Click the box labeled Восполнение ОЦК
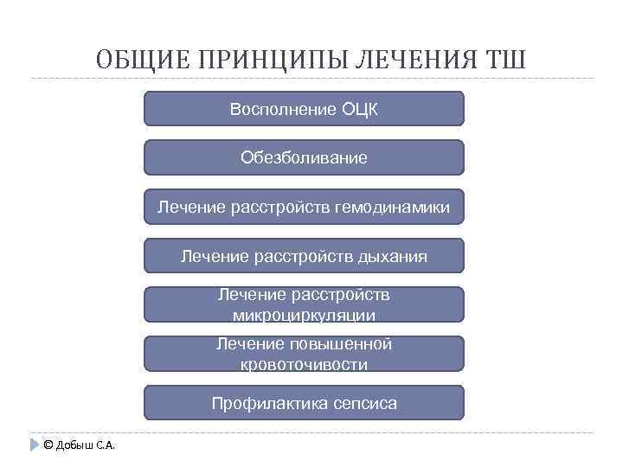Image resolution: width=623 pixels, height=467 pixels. coord(303,109)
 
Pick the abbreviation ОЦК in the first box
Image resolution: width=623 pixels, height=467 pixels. coord(360,109)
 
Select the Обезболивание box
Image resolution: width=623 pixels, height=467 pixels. coord(303,158)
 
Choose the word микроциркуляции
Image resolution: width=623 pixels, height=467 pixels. coord(303,316)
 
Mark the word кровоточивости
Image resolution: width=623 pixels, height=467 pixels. coord(303,365)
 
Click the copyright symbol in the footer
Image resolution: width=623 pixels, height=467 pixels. coord(48,445)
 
